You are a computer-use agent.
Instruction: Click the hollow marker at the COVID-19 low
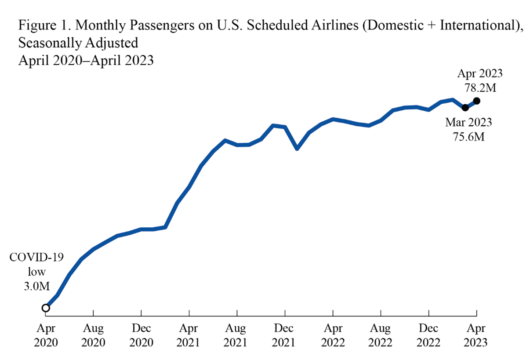[46, 308]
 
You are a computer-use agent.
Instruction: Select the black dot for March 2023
[465, 107]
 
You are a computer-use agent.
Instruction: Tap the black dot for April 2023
[477, 101]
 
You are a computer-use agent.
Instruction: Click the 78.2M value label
[480, 88]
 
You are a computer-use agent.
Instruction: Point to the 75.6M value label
[468, 137]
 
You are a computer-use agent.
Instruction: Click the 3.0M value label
[36, 286]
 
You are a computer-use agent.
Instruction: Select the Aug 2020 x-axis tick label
[94, 335]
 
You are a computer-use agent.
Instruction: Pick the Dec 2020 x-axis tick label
[141, 335]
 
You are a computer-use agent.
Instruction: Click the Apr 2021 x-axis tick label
[189, 335]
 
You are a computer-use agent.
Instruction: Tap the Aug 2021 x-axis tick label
[237, 335]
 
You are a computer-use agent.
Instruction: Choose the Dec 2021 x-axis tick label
[285, 335]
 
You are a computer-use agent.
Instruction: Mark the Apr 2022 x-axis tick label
[333, 335]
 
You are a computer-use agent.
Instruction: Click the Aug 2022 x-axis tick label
[381, 335]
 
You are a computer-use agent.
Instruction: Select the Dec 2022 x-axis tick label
[428, 335]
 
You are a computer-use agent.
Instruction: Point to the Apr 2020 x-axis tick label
[46, 335]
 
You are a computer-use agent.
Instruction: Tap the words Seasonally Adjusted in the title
[78, 43]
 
